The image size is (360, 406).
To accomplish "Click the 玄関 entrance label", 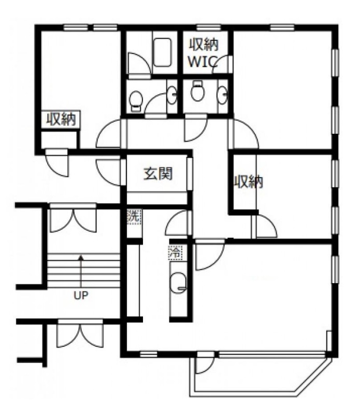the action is (158, 174).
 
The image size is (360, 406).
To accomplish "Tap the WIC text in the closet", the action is (203, 62).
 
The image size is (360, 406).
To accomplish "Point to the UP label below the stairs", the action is (81, 295).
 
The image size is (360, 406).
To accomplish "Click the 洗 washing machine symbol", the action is (134, 216).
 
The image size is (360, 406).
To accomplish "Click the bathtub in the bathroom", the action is (162, 52).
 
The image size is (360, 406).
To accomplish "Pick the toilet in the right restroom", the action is (198, 91).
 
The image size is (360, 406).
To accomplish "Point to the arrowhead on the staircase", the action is (81, 257).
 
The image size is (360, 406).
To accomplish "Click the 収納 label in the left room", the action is (61, 119).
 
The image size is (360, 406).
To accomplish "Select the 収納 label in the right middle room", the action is (249, 181).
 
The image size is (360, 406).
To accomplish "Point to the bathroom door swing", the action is (140, 63).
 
